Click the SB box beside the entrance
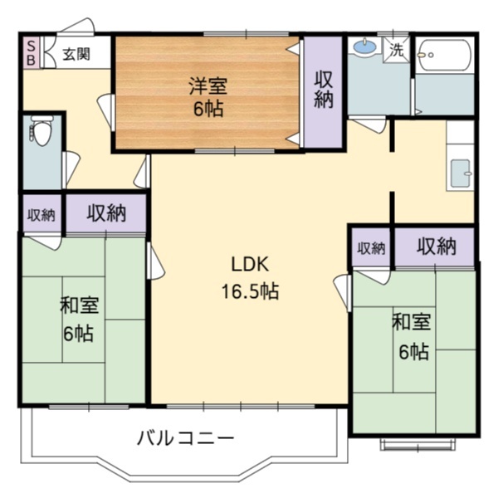[28, 53]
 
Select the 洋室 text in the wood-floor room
[207, 85]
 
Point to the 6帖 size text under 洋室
[207, 109]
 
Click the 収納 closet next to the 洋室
[324, 90]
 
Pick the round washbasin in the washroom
[364, 48]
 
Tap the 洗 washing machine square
[398, 49]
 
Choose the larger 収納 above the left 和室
[107, 214]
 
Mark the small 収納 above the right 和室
[371, 248]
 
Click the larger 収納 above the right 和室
[436, 247]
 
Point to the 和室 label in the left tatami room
[79, 305]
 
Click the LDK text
[248, 265]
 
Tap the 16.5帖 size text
[249, 291]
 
